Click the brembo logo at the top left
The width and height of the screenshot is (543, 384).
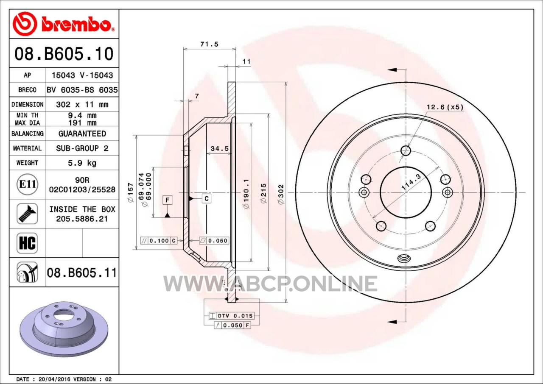[64, 25]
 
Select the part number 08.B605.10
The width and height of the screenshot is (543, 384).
[64, 54]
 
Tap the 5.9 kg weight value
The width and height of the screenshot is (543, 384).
[82, 163]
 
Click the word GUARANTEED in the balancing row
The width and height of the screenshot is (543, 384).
[82, 134]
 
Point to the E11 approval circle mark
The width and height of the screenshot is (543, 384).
[28, 184]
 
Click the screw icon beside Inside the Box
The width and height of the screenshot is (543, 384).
[28, 214]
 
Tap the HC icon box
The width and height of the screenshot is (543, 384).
[28, 243]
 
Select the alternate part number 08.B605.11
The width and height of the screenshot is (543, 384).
[82, 273]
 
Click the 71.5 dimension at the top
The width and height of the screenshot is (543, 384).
[210, 44]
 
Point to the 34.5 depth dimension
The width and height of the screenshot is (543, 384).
[220, 148]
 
